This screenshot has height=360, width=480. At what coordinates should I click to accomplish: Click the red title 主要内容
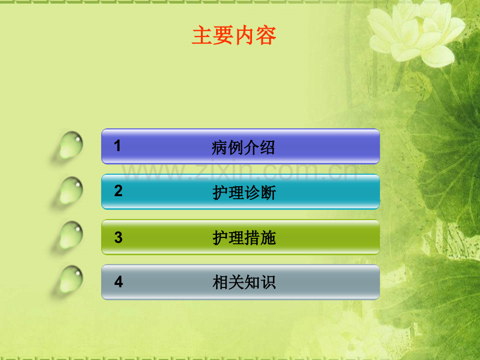click(x=234, y=35)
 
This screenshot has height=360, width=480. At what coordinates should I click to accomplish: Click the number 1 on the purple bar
click(x=117, y=146)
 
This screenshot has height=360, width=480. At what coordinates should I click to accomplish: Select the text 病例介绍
click(x=243, y=148)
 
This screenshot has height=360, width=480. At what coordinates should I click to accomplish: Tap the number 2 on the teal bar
click(x=118, y=191)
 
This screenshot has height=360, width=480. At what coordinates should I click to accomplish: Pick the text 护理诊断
click(x=244, y=193)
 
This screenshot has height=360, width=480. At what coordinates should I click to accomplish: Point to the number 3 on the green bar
click(x=118, y=237)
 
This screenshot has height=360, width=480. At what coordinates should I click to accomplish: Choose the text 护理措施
click(x=244, y=238)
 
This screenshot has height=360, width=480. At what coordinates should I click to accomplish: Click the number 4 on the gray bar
click(x=118, y=282)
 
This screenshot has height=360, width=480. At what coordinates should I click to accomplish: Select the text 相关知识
click(x=244, y=282)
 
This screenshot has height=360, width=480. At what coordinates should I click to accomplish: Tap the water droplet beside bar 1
click(x=71, y=146)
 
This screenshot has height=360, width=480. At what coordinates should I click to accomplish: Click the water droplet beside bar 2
click(x=71, y=190)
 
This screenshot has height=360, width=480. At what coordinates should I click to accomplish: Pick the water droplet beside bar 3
click(x=71, y=235)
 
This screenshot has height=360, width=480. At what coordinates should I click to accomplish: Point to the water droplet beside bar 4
click(x=71, y=279)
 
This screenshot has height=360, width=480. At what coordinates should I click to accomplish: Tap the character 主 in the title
click(x=202, y=35)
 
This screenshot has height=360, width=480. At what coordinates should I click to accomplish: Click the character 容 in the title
click(x=266, y=35)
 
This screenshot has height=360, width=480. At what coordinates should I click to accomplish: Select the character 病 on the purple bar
click(x=220, y=148)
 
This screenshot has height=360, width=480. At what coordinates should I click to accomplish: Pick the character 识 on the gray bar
click(x=268, y=282)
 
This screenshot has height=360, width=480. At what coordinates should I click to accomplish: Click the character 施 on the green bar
click(x=268, y=238)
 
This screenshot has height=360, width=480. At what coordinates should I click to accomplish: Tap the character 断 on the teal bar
click(x=268, y=193)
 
